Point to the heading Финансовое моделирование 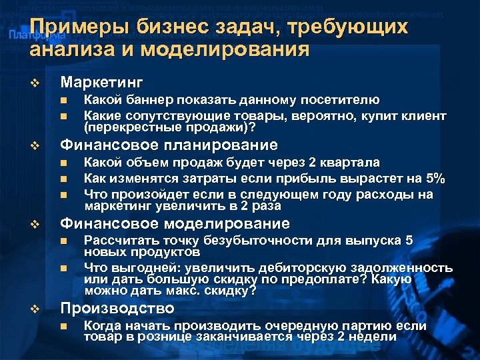[175, 223]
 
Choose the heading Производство [117, 309]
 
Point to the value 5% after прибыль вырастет [435, 179]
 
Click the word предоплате [321, 279]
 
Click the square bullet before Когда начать [63, 326]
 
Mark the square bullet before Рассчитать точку [63, 241]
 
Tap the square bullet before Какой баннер [63, 101]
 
